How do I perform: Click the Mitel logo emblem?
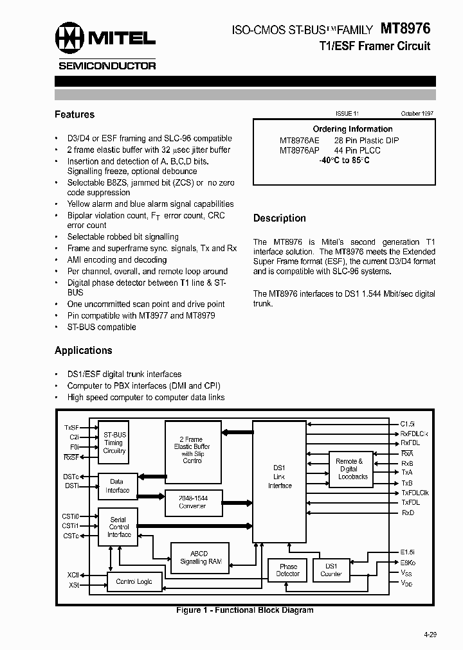click(69, 39)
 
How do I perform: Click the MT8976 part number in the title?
click(406, 28)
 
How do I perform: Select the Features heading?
click(75, 114)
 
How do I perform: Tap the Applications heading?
click(84, 350)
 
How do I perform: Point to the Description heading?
click(280, 218)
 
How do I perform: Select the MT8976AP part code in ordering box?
click(299, 150)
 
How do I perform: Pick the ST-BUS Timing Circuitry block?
click(114, 443)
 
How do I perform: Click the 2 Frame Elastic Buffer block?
click(192, 450)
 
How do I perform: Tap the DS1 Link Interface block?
click(280, 477)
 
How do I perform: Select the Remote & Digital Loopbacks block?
click(352, 469)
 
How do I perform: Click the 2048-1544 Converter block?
click(192, 502)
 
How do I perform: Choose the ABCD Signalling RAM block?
click(199, 558)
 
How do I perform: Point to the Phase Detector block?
click(288, 570)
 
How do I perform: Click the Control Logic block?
click(134, 581)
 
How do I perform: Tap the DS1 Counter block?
click(331, 570)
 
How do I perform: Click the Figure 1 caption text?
click(245, 610)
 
